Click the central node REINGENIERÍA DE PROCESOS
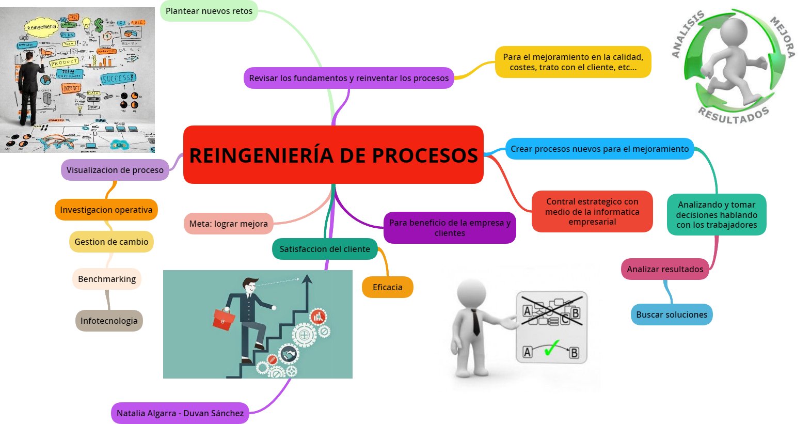[x=333, y=155]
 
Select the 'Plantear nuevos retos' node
[x=209, y=11]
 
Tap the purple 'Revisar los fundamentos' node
[x=348, y=78]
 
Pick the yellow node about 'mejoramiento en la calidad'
[x=573, y=62]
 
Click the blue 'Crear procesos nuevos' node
[x=599, y=149]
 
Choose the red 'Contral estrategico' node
[x=592, y=212]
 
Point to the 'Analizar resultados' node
[x=665, y=269]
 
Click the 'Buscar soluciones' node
[x=672, y=315]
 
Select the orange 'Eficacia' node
[x=387, y=287]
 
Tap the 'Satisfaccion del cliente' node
[x=325, y=249]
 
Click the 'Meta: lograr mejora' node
[x=228, y=224]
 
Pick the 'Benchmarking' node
[x=107, y=279]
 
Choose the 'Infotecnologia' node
[x=109, y=321]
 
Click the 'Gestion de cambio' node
[x=111, y=242]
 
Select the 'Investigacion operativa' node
[x=106, y=210]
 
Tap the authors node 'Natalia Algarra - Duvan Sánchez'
[x=180, y=413]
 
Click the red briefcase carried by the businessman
[x=224, y=319]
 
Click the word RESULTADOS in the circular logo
[x=734, y=115]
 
